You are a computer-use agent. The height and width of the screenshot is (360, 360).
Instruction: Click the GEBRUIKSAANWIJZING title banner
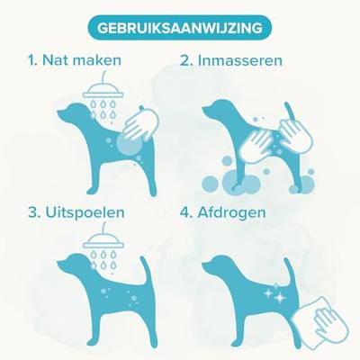[x=180, y=28]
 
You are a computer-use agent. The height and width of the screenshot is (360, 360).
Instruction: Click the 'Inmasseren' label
[x=240, y=60]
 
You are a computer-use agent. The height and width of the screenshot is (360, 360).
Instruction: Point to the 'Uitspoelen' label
[x=85, y=212]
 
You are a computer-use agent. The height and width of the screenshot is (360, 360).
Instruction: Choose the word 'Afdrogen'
[x=231, y=213]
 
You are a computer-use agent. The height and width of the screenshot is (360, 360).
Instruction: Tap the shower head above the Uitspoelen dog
[x=103, y=238]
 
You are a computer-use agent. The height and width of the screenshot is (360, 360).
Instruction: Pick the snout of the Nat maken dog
[x=62, y=114]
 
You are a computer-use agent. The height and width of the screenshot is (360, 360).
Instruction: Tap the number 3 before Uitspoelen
[x=34, y=212]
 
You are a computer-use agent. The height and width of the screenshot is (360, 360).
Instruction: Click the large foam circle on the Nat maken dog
[x=129, y=144]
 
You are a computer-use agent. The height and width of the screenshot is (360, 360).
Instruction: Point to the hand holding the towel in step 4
[x=328, y=321]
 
